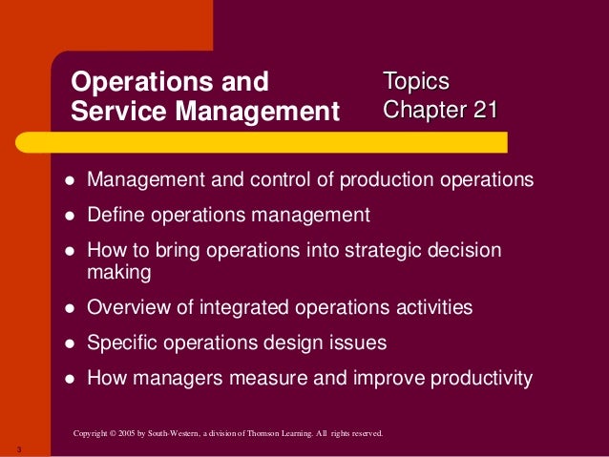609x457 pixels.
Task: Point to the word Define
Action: tap(115, 214)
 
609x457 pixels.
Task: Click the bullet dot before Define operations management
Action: tap(70, 215)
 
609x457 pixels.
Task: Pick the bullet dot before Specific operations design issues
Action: tap(70, 343)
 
